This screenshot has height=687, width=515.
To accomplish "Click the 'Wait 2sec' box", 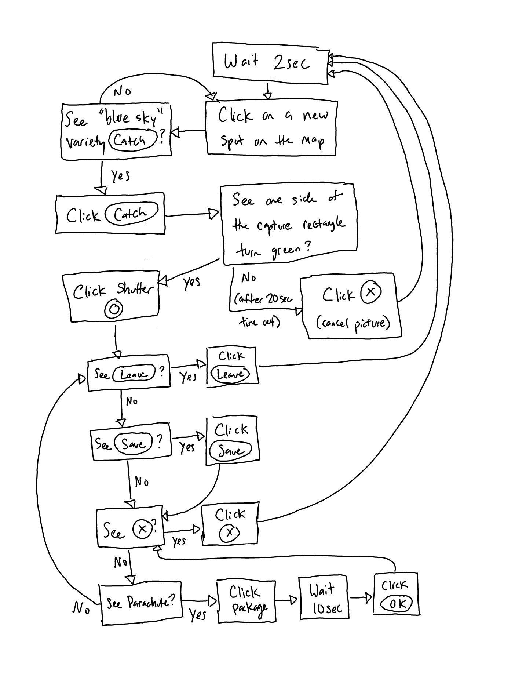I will tap(270, 63).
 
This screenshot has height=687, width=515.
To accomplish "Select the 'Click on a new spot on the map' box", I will tap(271, 128).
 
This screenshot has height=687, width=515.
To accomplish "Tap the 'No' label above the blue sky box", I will tap(122, 91).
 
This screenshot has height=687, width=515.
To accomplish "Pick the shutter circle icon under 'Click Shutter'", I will tap(114, 309).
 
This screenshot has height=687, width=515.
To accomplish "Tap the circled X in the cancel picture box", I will tap(371, 292).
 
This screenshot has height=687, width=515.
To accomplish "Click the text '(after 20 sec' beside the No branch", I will tap(263, 299).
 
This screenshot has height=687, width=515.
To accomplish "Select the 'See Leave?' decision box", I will tap(129, 373).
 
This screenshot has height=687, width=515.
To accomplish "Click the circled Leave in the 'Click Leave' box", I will tap(230, 374).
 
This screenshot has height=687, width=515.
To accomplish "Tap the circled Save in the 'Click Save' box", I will tap(230, 450).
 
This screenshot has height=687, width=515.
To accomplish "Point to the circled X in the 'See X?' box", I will tap(142, 529).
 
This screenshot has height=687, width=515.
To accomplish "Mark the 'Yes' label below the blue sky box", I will tap(121, 176).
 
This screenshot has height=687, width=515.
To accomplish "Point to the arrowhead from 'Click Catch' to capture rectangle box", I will tap(214, 214).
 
